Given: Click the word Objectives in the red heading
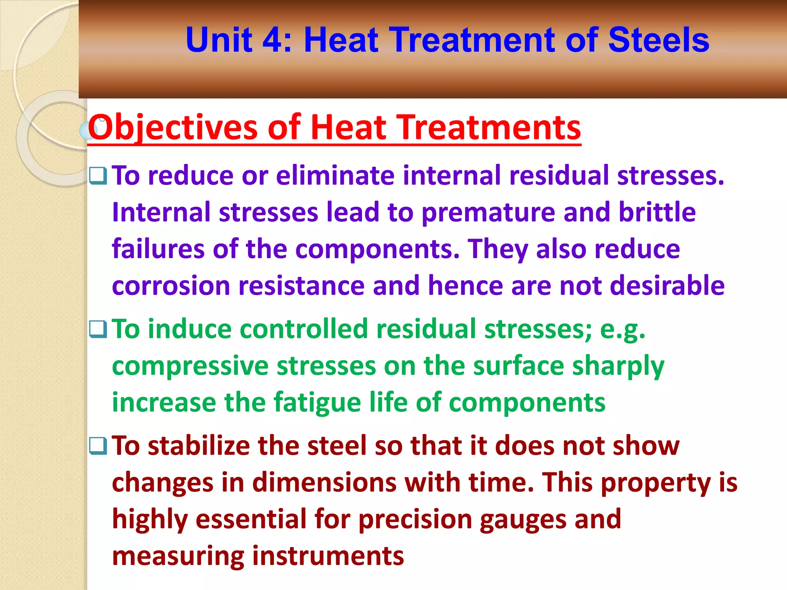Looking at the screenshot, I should point(173,128).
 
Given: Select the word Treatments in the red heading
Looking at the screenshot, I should point(483,128).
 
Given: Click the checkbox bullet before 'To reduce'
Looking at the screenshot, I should point(98,176).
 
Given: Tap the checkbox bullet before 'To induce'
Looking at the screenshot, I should point(98,329).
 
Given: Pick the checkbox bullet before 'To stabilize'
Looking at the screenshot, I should point(98,446).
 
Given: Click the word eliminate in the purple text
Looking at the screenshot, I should point(335,176).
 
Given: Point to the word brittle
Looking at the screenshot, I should point(657,212).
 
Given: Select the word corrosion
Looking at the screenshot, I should point(171,286).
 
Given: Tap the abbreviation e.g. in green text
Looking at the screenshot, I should point(622,330).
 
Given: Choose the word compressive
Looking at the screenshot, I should point(190,366).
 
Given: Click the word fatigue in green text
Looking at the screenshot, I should point(317,403).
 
